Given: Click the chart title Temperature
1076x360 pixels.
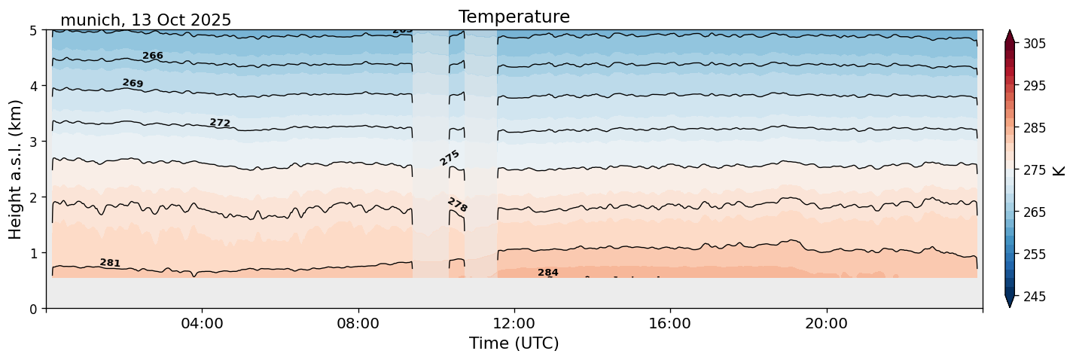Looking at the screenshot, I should point(514,17).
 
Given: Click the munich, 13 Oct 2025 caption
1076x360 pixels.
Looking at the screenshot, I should point(145,20).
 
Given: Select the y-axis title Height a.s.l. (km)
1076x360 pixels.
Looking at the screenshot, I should point(16,169).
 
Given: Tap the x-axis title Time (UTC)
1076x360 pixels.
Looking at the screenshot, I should point(514,343).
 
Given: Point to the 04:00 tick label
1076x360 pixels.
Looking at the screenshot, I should point(202,324).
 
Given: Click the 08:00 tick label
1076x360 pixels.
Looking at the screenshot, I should point(358,324).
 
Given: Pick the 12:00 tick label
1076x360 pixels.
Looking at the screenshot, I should point(514,324).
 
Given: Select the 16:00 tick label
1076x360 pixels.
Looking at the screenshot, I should point(670,324).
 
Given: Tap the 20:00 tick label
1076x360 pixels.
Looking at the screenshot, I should point(826,324).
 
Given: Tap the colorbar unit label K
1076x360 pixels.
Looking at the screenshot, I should point(1059,170).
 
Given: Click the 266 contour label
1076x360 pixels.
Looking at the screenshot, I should point(153,56).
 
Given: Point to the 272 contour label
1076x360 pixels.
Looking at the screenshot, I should point(220,123).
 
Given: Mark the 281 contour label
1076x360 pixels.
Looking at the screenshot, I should point(110,263).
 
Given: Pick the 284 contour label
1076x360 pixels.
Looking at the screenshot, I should point(548,273).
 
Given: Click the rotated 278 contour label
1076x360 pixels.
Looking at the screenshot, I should point(457,205).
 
